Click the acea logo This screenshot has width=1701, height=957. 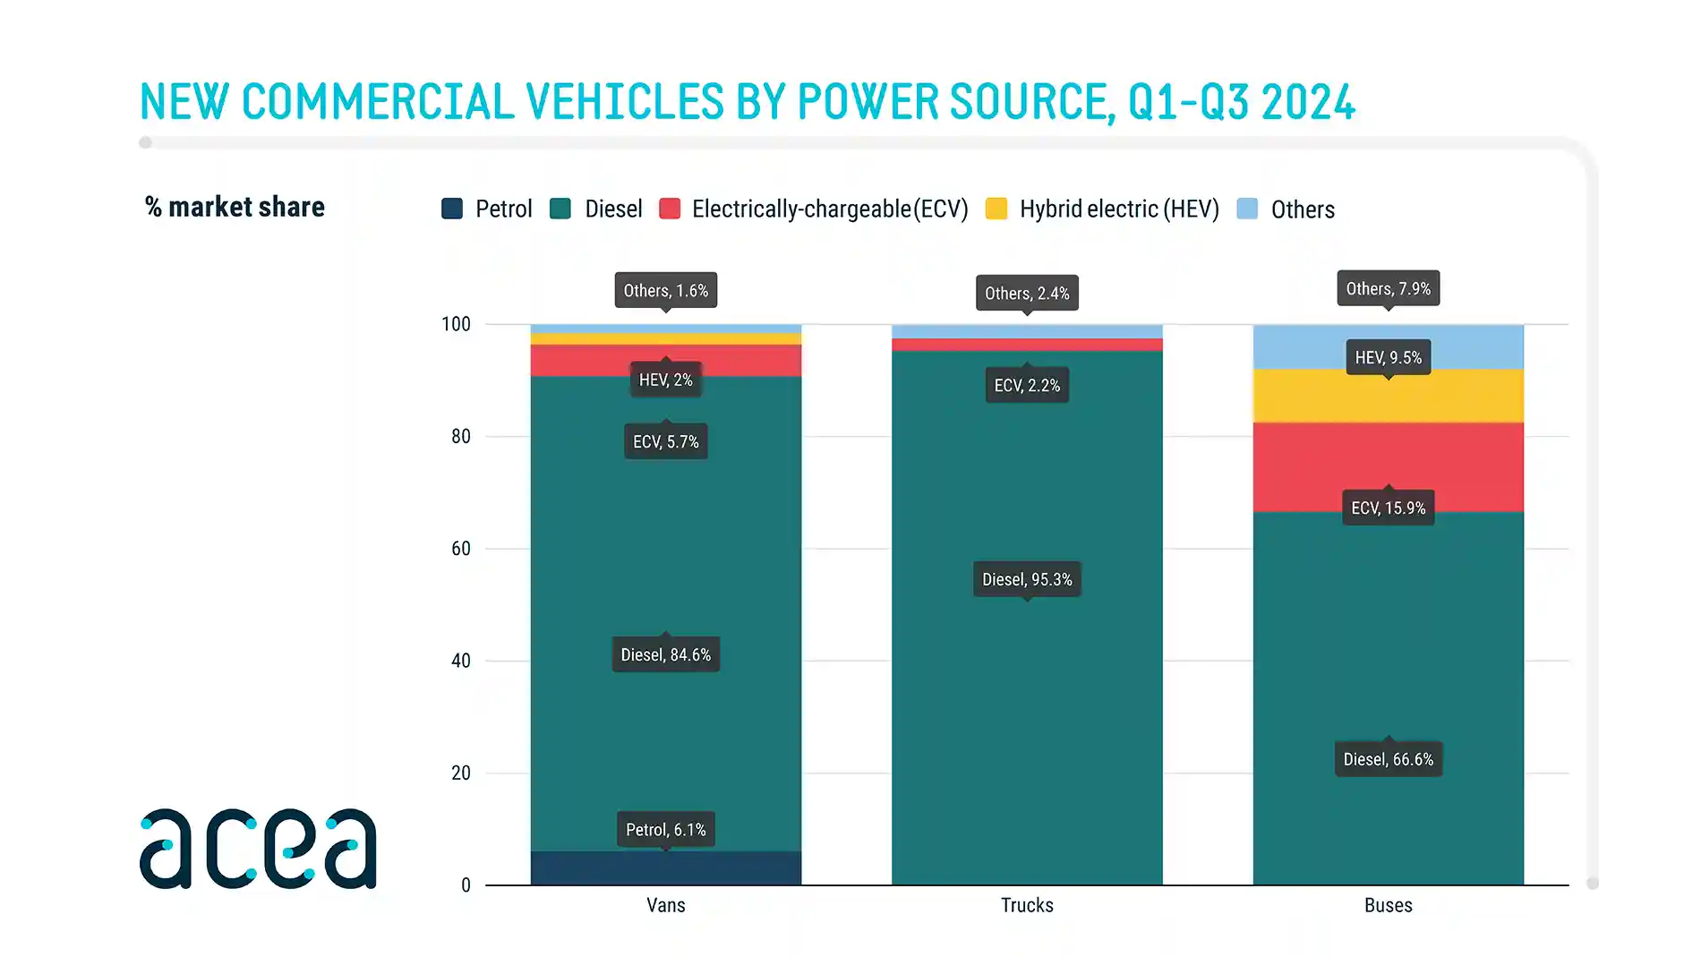258,849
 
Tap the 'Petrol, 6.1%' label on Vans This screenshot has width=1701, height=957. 665,830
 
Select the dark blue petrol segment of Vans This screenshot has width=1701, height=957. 665,868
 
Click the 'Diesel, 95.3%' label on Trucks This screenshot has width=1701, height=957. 1027,579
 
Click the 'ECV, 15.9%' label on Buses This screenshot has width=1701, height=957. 1388,508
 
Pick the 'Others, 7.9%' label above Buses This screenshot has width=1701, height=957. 1388,288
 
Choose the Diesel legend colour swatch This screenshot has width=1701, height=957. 560,209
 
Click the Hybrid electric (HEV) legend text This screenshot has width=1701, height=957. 1119,209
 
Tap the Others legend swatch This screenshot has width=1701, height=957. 1247,209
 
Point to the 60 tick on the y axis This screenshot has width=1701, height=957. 460,548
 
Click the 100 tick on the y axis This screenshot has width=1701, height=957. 456,324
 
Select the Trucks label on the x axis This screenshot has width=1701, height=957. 1027,905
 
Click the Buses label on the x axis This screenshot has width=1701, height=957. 1388,905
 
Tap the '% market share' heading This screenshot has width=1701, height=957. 235,207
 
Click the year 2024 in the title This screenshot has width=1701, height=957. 1308,102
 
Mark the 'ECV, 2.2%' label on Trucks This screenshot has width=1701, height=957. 1027,385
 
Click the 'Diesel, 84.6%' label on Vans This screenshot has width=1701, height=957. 665,654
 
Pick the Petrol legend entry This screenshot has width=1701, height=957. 488,209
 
